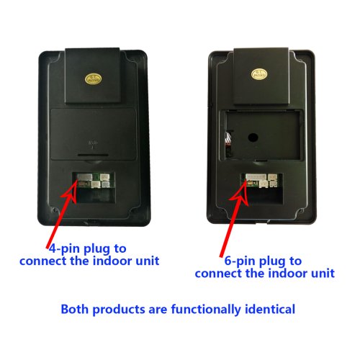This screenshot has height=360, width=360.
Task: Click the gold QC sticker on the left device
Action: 93,79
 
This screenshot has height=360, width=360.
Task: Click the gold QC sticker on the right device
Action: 259,74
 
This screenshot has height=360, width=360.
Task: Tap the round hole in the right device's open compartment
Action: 253,138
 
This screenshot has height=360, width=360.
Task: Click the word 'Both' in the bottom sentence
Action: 74,309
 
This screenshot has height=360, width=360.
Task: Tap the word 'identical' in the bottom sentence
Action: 270,309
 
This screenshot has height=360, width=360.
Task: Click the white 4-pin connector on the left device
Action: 84,177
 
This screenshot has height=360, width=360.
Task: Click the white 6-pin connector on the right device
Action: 256,177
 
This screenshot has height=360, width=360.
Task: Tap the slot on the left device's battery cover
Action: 93,155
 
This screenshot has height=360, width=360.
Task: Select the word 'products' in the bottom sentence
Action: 119,309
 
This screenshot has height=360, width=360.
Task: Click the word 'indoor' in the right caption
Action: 288,273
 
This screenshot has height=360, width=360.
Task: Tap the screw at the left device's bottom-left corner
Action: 55,210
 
